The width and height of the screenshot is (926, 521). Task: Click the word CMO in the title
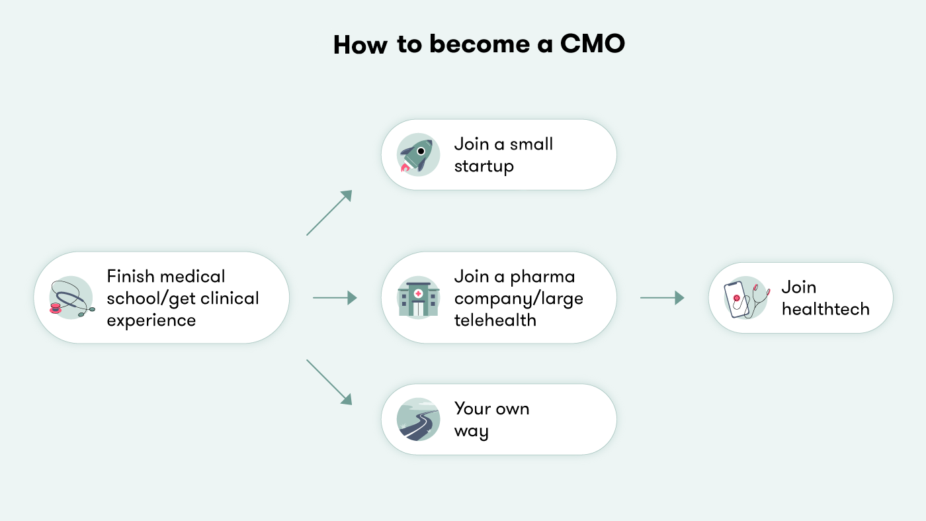pyautogui.click(x=592, y=44)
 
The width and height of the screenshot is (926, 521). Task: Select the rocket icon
pyautogui.click(x=418, y=156)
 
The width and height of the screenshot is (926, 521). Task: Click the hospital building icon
pyautogui.click(x=418, y=298)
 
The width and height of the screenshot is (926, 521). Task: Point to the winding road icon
pyautogui.click(x=418, y=420)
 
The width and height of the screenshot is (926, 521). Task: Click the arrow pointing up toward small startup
pyautogui.click(x=329, y=213)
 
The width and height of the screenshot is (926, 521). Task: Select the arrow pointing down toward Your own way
pyautogui.click(x=329, y=382)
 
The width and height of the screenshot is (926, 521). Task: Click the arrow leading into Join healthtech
pyautogui.click(x=661, y=298)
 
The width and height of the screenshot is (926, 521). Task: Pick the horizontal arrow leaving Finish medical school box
pyautogui.click(x=335, y=298)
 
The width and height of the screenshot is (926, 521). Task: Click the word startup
pyautogui.click(x=484, y=166)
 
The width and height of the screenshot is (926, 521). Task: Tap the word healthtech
pyautogui.click(x=825, y=309)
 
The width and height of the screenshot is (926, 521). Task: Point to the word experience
pyautogui.click(x=151, y=320)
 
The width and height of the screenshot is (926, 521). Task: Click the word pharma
pyautogui.click(x=542, y=277)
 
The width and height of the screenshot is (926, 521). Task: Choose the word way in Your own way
pyautogui.click(x=471, y=432)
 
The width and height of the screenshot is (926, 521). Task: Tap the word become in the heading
pyautogui.click(x=470, y=44)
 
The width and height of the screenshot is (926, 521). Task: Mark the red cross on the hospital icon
pyautogui.click(x=418, y=293)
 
